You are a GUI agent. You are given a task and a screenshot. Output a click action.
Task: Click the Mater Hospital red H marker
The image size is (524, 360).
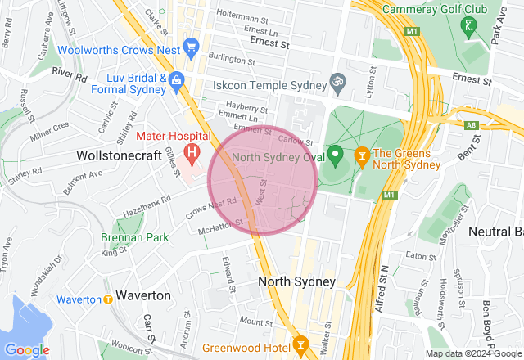[192, 151]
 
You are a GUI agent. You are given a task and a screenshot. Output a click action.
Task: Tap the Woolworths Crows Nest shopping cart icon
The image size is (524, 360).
[192, 46]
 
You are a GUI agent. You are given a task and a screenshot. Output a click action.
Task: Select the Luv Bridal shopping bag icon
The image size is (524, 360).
[177, 80]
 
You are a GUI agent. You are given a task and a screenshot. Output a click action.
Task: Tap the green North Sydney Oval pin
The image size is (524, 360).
[336, 154]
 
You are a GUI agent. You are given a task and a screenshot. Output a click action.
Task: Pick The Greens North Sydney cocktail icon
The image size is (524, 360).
[360, 154]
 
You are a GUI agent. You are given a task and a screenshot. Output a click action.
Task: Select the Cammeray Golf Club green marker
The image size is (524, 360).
[468, 26]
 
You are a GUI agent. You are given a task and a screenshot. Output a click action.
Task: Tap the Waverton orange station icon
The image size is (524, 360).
[108, 299]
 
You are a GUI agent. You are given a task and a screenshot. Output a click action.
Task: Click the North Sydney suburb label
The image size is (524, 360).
[296, 281]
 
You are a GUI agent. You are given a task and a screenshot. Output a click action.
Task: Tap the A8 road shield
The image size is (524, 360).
[471, 125]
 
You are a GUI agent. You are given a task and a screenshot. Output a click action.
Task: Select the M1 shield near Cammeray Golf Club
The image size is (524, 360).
[411, 31]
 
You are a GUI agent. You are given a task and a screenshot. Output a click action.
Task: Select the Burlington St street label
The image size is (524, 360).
[233, 60]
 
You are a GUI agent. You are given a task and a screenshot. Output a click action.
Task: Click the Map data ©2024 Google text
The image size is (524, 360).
[472, 353]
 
